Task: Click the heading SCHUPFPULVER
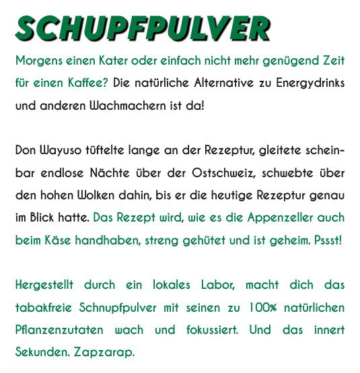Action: point(143,28)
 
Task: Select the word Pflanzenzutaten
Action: point(59,331)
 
